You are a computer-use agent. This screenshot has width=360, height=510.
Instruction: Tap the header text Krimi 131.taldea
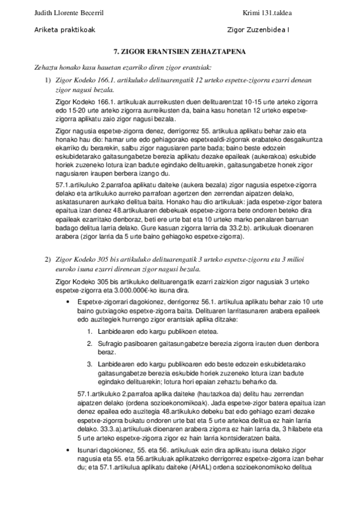tap(267, 12)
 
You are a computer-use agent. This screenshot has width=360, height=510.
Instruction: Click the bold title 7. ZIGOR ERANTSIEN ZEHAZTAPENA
tap(179, 53)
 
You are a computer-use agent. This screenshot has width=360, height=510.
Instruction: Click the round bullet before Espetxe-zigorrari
tap(72, 301)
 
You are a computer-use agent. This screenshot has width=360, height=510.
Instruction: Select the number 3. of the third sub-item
tap(90, 364)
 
